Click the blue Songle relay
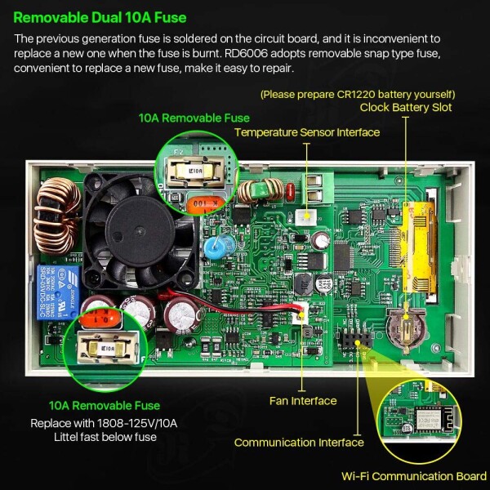58,293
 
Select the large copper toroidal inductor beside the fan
57,216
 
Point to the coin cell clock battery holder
406,327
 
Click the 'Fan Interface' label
303,401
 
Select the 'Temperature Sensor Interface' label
307,132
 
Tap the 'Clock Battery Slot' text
406,108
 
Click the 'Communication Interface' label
299,443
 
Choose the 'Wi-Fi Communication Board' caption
414,476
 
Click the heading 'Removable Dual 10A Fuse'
100,17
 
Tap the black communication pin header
357,338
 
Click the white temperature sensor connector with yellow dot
306,216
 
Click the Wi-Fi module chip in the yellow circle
427,419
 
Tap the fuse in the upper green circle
196,171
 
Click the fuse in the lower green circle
108,348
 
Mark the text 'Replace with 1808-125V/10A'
104,423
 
